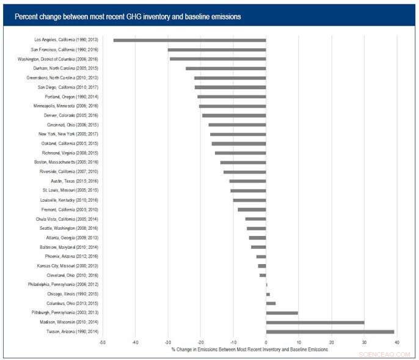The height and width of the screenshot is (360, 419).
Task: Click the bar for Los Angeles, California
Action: tap(189, 40)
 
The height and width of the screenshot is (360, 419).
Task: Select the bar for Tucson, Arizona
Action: tap(330, 332)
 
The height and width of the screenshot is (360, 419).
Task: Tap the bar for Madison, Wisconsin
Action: tap(315, 322)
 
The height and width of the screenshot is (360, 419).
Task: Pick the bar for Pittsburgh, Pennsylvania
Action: tap(282, 313)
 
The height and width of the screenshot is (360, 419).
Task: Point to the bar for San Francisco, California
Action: tap(217, 50)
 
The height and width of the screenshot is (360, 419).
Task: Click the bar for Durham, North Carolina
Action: tap(225, 68)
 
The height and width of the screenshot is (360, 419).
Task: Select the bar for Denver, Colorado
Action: tap(234, 116)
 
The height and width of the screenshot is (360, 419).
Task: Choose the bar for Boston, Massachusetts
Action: tap(243, 163)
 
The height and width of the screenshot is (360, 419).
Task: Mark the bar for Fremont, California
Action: tap(252, 210)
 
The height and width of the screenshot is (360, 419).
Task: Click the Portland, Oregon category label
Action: tap(71, 97)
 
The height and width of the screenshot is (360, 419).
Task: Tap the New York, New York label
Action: tap(68, 134)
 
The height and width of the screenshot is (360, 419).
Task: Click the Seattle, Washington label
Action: tap(71, 228)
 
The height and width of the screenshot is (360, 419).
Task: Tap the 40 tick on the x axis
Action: tap(397, 342)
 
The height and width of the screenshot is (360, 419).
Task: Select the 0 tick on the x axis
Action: tap(266, 342)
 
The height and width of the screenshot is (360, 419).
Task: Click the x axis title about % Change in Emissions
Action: tap(249, 350)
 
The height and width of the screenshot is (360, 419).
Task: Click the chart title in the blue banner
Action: tap(128, 17)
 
